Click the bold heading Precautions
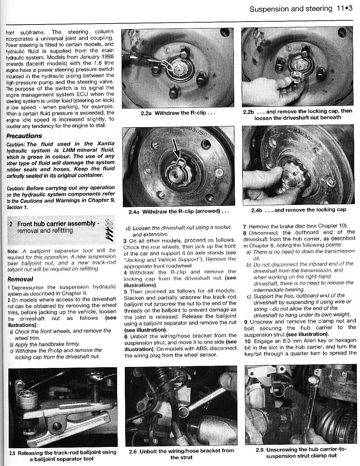tap(24, 136)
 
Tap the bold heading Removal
tap(20, 279)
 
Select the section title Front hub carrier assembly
tap(56, 224)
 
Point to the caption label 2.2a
tap(147, 114)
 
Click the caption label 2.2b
tap(248, 111)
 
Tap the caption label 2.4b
tap(257, 210)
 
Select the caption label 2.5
tap(12, 453)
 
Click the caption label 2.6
tap(133, 451)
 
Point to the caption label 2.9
tap(260, 450)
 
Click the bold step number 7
tap(245, 227)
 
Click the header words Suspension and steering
tap(291, 9)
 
